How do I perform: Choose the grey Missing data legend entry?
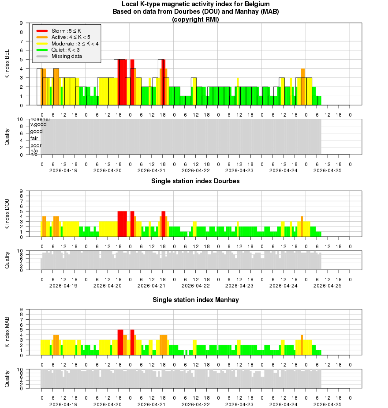66,56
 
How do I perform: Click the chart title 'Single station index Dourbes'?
195,181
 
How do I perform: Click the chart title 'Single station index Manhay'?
195,300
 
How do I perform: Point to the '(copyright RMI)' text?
195,19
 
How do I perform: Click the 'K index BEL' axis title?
7,64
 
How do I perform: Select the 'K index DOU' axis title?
7,214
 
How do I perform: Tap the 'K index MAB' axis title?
7,332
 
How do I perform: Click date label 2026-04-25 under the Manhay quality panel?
328,404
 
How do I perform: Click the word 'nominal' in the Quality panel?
40,119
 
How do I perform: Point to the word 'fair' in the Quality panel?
34,138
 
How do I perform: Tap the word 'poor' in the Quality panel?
36,145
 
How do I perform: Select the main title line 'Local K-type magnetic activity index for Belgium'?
195,4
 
